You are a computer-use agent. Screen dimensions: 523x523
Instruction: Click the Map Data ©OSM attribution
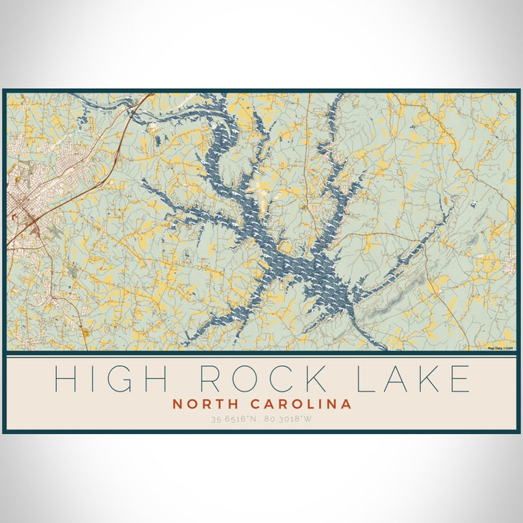500,348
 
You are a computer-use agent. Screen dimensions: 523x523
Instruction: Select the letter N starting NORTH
178,404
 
